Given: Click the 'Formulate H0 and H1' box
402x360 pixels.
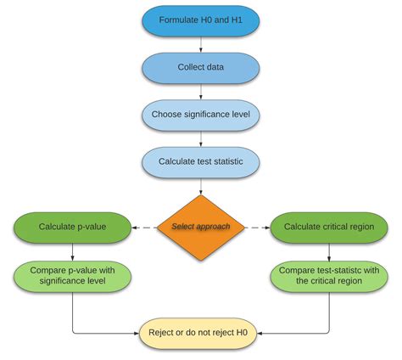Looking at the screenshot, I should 200,20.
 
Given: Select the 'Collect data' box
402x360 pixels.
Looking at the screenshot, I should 200,67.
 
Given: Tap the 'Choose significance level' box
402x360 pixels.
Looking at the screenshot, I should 200,114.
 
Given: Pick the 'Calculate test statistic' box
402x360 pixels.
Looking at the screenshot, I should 200,160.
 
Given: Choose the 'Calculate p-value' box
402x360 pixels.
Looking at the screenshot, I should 72,227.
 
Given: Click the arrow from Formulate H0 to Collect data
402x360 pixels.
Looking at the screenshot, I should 200,44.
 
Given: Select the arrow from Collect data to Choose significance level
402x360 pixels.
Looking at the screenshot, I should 200,91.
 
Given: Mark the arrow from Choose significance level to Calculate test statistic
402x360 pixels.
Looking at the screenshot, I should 200,138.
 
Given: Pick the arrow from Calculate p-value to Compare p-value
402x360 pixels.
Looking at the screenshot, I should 72,250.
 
